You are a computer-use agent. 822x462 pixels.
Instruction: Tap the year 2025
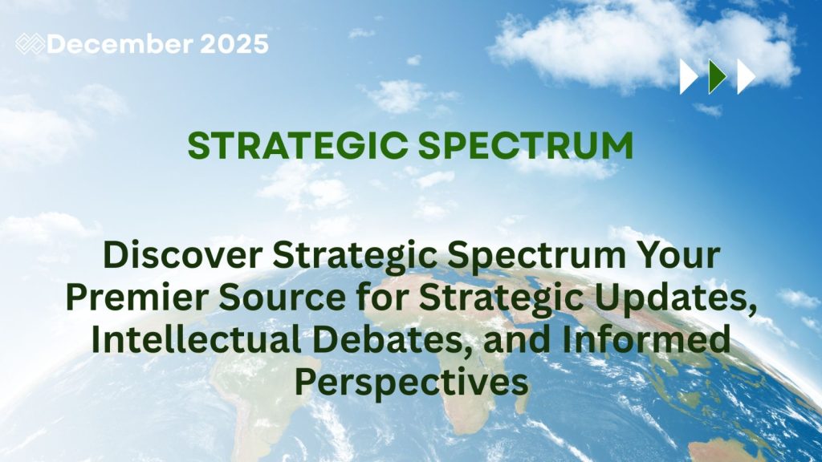pyautogui.click(x=234, y=44)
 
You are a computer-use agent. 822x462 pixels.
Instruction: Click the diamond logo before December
pyautogui.click(x=30, y=43)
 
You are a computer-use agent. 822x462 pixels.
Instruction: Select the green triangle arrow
pyautogui.click(x=717, y=76)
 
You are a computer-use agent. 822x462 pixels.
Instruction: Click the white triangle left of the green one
pyautogui.click(x=688, y=76)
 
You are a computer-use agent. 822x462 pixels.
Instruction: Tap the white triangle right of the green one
pyautogui.click(x=746, y=76)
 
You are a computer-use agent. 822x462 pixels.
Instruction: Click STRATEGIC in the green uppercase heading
pyautogui.click(x=297, y=146)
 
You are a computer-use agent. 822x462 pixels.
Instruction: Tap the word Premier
pyautogui.click(x=137, y=297)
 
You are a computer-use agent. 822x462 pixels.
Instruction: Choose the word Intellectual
pyautogui.click(x=197, y=339)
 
